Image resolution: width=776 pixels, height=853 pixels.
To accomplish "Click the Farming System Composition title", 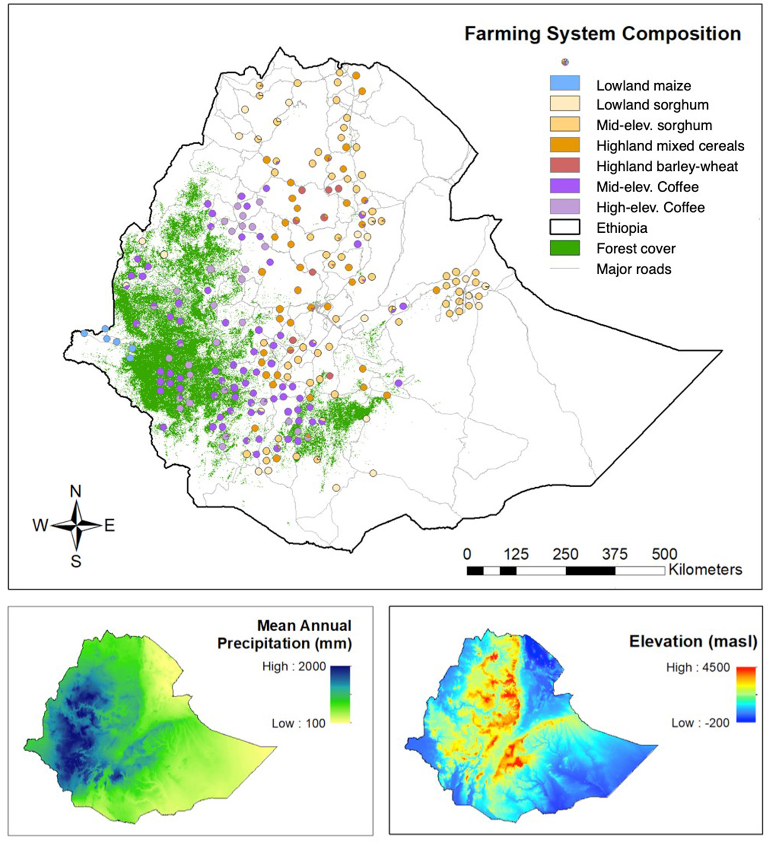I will pos(602,34).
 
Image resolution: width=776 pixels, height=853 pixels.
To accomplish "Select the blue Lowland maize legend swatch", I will pos(565,83).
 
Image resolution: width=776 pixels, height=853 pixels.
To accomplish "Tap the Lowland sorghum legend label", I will pos(652,105).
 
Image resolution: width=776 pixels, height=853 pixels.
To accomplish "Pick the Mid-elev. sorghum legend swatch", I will pos(565,124).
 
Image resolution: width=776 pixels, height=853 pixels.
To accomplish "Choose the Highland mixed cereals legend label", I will pos(670,146).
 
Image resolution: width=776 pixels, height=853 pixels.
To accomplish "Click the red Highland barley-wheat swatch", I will pos(565,165).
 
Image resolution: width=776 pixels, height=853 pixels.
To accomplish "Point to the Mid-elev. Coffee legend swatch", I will pos(565,186).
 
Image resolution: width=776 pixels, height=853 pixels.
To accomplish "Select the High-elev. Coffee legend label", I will pos(650,208).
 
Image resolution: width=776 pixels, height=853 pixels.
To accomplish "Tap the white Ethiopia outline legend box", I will pos(565,227).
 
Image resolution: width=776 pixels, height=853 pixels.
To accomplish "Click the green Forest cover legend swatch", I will pos(565,248).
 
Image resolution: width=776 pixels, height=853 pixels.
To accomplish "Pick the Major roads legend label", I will pos(634,269).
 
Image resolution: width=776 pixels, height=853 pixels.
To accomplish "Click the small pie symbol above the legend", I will pos(565,62).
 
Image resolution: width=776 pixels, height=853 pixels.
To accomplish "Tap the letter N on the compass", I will pos(76,492).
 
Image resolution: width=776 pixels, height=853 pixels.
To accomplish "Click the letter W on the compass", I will pos(40,526).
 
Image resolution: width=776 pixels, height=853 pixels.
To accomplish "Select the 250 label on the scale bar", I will pos(565,554).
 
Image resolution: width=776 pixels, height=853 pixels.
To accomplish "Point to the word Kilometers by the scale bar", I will pos(705,570).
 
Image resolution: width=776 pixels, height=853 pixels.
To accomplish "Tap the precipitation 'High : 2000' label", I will pos(294,667).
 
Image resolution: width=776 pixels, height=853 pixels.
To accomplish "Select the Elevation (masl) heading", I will pos(693,642).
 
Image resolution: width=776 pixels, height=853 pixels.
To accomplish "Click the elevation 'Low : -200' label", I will pos(700,723).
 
